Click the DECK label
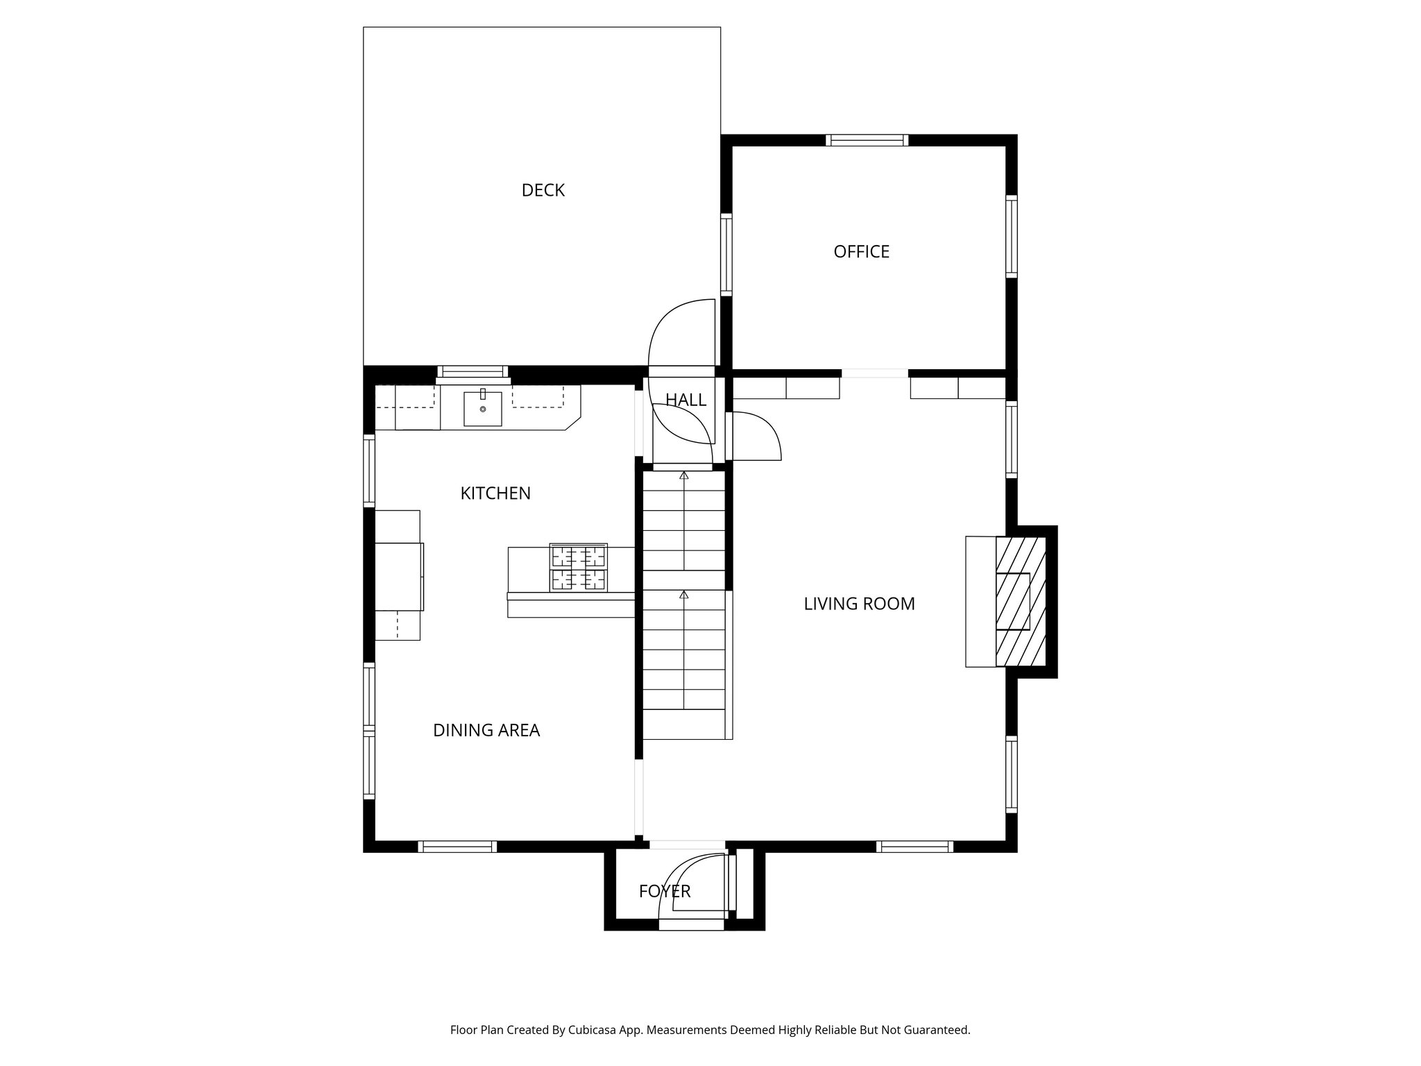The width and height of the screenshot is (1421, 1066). coord(543,190)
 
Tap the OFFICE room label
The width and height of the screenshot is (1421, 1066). coord(861,251)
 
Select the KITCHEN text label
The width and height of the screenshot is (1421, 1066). coord(495,493)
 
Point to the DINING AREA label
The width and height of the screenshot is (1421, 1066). coord(486,730)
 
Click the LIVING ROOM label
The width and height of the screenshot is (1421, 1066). coord(859,604)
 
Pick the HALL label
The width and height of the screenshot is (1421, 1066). coord(686,400)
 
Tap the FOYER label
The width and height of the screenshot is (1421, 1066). coord(665,891)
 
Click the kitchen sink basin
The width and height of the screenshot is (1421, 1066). coord(482,409)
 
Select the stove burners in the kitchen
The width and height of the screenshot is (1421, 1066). coord(578,568)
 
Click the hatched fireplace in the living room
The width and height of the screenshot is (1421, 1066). coord(1020,601)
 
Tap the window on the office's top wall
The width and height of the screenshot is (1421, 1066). coord(867,140)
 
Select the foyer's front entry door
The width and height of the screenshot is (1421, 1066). coord(694,892)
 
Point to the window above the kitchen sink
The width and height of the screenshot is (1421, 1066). coord(473,372)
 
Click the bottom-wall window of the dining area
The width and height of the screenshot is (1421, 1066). coord(457,846)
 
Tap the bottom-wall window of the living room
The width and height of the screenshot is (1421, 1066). coord(914,846)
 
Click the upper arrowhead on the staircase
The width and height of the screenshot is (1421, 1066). coord(684,476)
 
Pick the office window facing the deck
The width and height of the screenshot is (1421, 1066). coord(726,254)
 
